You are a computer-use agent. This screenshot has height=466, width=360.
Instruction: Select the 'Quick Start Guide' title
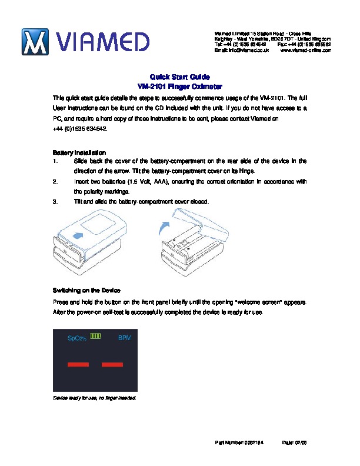click(179, 77)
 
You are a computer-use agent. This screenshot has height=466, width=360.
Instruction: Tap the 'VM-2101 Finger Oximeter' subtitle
click(179, 86)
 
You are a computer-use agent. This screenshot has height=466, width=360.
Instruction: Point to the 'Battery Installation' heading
click(79, 152)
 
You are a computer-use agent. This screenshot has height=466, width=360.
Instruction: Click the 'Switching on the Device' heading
click(86, 291)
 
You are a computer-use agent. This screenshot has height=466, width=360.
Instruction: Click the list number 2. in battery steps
click(55, 182)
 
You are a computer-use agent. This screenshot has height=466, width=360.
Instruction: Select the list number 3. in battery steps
click(55, 201)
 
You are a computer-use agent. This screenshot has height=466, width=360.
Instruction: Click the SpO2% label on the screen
click(77, 339)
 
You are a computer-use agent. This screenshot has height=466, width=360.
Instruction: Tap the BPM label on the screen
click(124, 338)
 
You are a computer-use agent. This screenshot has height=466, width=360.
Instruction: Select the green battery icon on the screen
click(96, 337)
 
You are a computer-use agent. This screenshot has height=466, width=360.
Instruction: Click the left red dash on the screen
click(78, 365)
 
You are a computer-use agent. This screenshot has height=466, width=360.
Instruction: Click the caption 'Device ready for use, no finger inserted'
click(95, 398)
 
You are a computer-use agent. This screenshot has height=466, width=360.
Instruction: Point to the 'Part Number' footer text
click(239, 442)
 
